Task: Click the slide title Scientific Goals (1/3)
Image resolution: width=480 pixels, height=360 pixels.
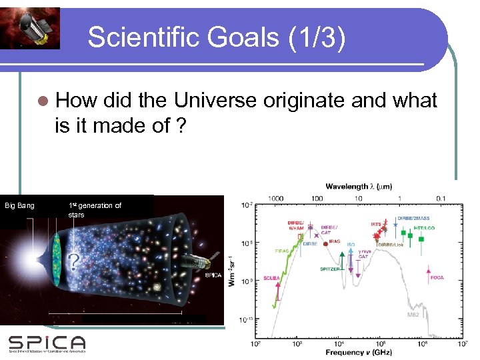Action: [217, 37]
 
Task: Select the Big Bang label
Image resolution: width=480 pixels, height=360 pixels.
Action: [20, 205]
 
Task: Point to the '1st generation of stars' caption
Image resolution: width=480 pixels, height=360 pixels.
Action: [95, 210]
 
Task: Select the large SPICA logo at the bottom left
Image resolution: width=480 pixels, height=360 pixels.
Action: [47, 343]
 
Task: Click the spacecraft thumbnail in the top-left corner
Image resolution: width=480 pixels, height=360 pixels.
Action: [30, 27]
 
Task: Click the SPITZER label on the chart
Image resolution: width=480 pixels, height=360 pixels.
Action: [329, 269]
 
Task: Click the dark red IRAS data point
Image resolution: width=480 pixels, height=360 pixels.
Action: [325, 244]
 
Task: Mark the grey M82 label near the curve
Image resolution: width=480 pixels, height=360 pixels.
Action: [413, 313]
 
